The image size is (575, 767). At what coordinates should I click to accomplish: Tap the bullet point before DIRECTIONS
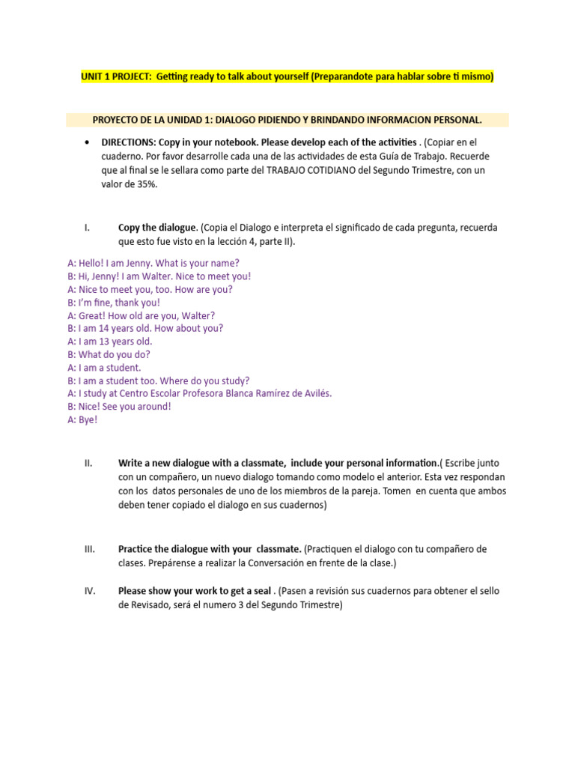click(88, 142)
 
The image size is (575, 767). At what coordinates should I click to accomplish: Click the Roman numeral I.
click(88, 227)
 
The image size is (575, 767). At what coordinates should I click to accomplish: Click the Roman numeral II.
click(88, 463)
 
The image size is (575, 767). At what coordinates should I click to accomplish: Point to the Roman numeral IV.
click(89, 591)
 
